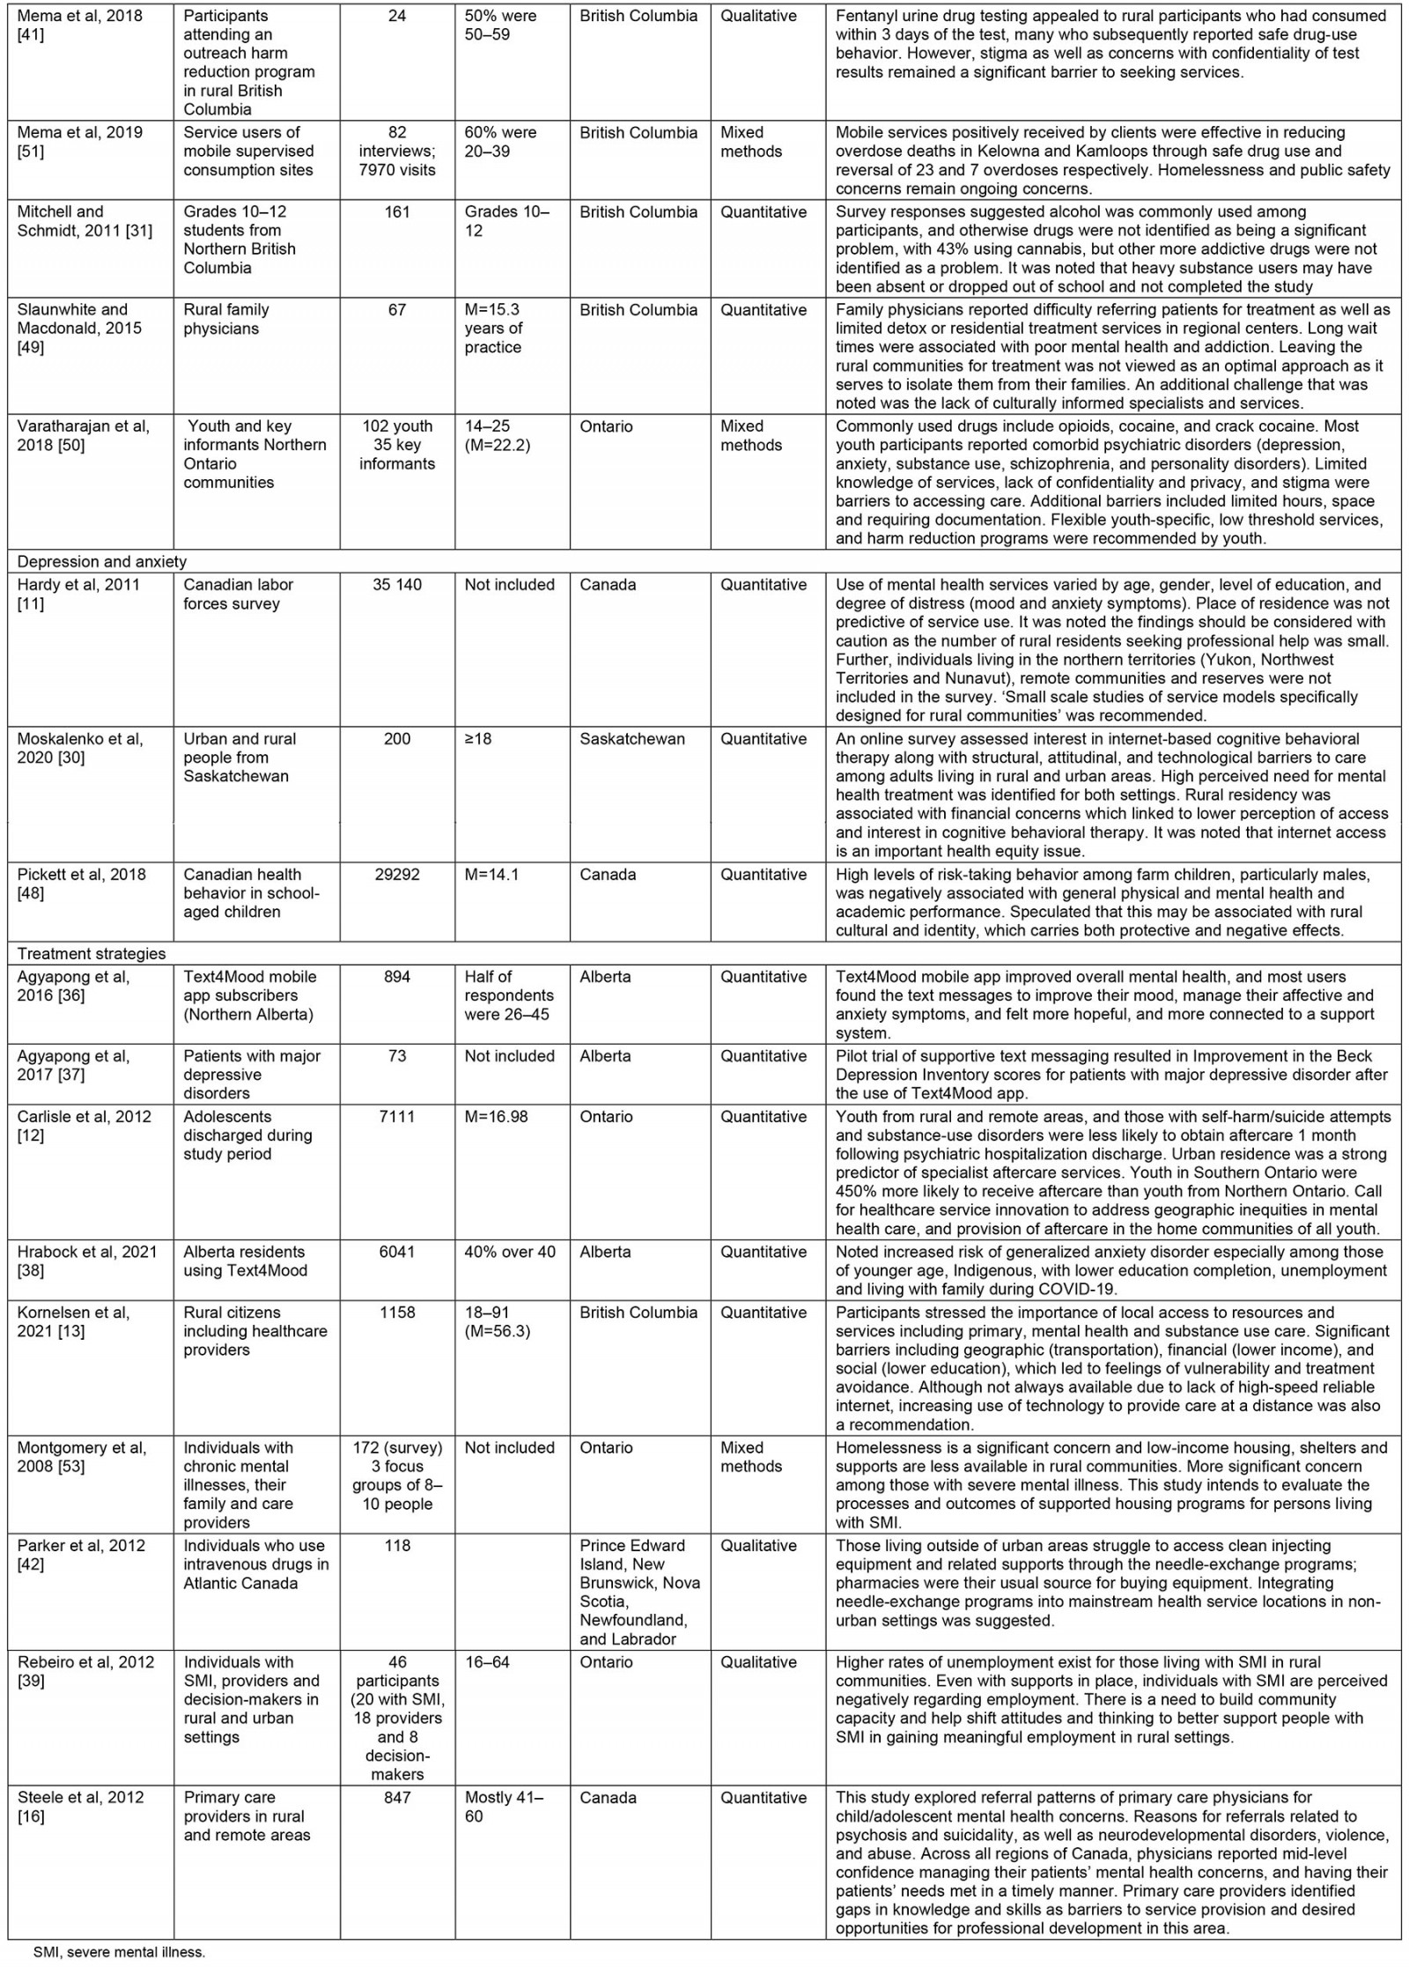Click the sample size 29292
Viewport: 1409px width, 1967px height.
coord(397,875)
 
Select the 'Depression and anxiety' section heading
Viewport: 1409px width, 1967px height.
coord(102,562)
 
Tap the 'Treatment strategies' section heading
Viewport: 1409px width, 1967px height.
coord(92,954)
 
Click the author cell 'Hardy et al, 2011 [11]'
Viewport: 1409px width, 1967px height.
coord(78,594)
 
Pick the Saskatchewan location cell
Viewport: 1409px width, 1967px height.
coord(631,739)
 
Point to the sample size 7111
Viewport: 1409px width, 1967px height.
coord(397,1116)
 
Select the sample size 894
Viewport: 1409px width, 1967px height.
coord(397,977)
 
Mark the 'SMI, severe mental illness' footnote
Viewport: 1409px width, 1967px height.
coord(119,1952)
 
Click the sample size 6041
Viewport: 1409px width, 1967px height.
coord(397,1252)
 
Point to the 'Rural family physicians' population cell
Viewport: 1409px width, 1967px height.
coord(226,319)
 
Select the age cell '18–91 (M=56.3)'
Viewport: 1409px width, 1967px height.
coord(498,1321)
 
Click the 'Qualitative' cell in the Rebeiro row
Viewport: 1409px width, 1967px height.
coord(758,1662)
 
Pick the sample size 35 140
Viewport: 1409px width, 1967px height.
coord(397,585)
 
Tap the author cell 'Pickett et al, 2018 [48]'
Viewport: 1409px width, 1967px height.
coord(80,884)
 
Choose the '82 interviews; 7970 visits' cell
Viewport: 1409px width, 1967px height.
coord(397,151)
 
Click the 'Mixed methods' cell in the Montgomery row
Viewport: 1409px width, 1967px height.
coord(751,1457)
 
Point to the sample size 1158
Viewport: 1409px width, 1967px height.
coord(397,1313)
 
